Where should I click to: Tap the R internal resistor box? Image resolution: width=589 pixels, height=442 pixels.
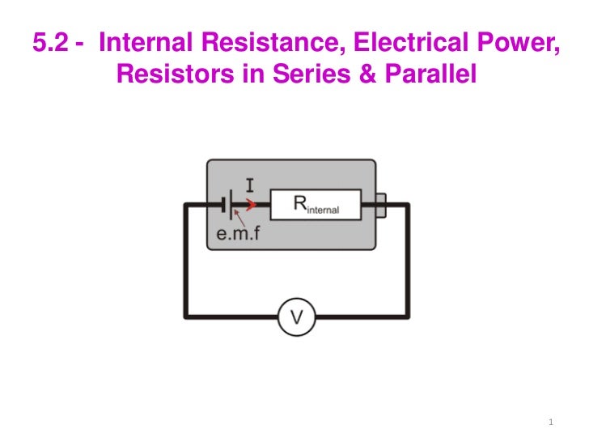[316, 206]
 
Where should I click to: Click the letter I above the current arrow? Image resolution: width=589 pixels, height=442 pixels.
[249, 185]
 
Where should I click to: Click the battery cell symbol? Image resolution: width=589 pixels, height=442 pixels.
[231, 206]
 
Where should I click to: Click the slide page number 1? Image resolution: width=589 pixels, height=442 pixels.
[549, 423]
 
